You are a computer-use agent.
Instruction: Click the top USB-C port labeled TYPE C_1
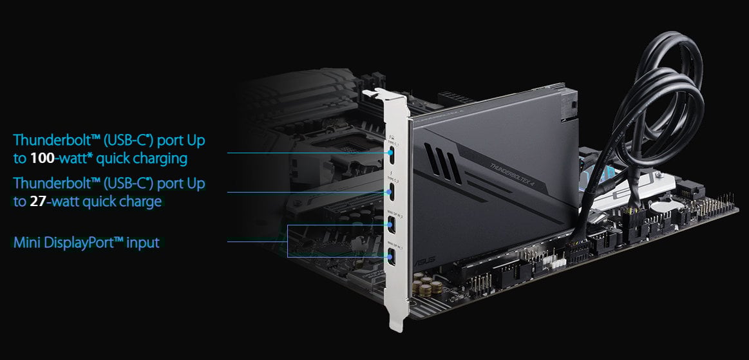392,153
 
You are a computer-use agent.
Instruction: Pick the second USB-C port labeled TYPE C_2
392,191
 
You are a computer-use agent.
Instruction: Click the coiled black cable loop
663,90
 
